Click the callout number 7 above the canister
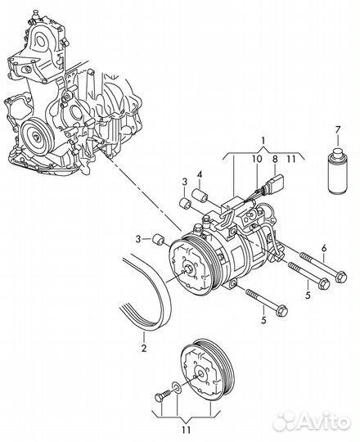tap(337, 131)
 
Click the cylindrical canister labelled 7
tap(338, 171)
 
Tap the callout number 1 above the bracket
tap(263, 141)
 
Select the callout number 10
tap(257, 159)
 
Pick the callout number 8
tap(275, 159)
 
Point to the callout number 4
tap(200, 175)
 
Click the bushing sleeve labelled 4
tap(200, 196)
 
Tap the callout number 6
tap(324, 249)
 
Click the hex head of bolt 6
tap(341, 277)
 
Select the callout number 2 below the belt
tap(144, 348)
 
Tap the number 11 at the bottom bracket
tap(187, 430)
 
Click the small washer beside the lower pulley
tap(177, 386)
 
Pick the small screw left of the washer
tap(163, 395)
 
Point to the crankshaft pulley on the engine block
tap(37, 138)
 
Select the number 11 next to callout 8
tap(291, 159)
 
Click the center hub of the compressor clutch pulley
tap(188, 268)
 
